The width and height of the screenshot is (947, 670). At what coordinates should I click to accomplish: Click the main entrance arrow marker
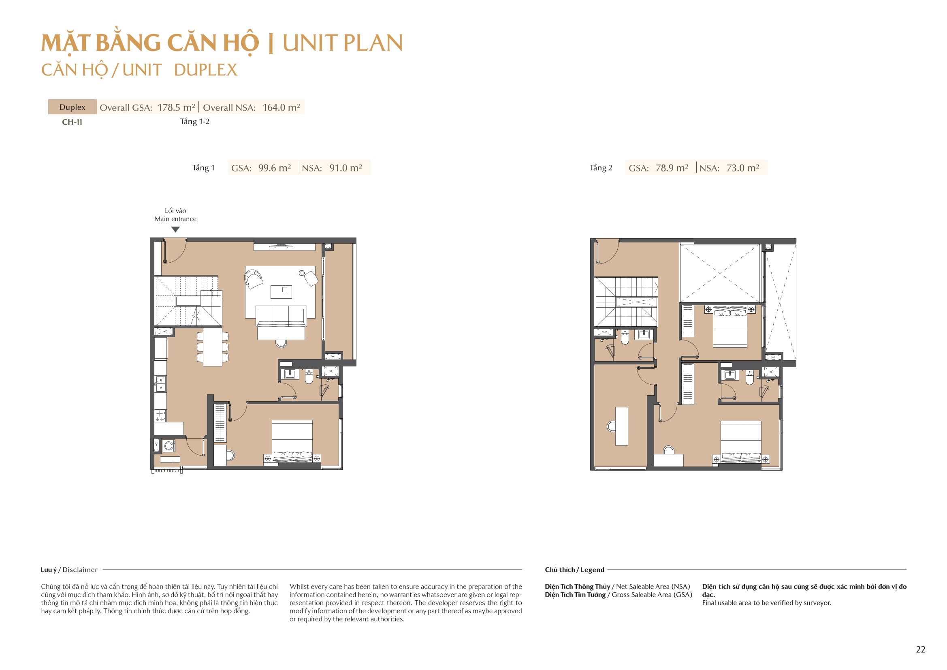click(175, 229)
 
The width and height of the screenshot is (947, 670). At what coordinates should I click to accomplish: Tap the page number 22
click(920, 649)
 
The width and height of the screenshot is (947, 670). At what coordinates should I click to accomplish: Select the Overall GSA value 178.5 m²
click(176, 107)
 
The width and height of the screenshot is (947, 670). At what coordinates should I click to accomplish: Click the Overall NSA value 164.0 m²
click(281, 107)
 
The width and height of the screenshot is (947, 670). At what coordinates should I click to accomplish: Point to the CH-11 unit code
click(72, 122)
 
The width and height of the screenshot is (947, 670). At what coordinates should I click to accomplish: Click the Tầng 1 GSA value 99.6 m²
click(274, 168)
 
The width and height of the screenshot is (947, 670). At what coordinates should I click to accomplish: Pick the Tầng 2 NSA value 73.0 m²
click(742, 168)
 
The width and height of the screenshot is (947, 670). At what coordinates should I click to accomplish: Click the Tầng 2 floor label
click(601, 168)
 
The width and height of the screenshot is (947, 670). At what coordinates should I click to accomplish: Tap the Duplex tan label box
click(72, 107)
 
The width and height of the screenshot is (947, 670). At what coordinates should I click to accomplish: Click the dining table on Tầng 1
click(212, 347)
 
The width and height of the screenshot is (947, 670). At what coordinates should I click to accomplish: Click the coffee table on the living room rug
click(281, 292)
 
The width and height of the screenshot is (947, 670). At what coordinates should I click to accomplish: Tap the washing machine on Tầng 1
click(168, 446)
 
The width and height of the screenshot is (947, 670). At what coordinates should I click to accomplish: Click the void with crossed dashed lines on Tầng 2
click(720, 273)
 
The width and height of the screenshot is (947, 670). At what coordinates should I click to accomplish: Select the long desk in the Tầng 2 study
click(621, 426)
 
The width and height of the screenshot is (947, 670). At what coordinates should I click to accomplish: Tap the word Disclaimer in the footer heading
click(80, 570)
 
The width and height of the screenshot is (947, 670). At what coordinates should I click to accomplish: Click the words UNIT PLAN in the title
click(342, 43)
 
